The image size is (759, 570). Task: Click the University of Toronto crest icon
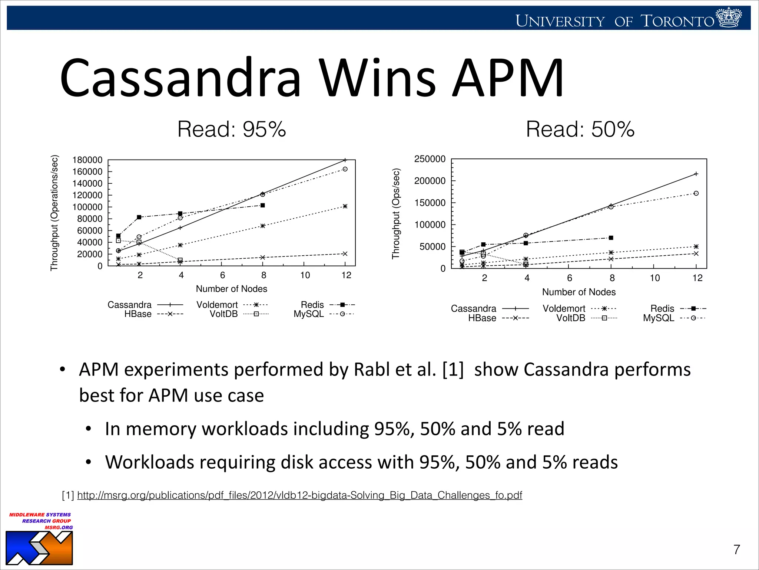pos(729,17)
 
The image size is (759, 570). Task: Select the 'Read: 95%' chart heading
pos(232,129)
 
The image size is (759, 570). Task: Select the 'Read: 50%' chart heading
pos(580,129)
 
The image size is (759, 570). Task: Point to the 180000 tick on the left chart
pos(87,160)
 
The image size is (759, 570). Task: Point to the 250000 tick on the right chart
pos(430,159)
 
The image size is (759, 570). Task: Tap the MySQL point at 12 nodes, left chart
pos(345,169)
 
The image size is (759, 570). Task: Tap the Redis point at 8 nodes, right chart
pos(611,238)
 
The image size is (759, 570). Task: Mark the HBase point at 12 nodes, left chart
pos(345,254)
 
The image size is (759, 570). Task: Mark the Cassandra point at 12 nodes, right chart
pos(696,174)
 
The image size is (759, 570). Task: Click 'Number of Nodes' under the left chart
pos(232,289)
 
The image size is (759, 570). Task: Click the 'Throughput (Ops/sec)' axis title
pos(396,213)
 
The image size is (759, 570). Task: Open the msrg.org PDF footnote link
pos(299,495)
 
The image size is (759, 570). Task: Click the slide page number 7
pos(737,550)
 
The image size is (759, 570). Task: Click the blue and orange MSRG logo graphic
pos(39,548)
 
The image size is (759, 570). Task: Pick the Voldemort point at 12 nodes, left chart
pos(345,206)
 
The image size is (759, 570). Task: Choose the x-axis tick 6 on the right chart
pos(570,278)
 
